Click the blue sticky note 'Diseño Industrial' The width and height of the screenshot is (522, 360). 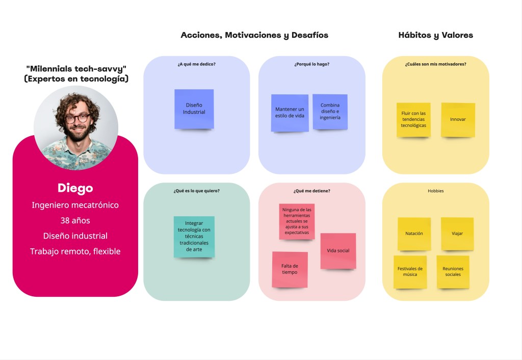click(194, 109)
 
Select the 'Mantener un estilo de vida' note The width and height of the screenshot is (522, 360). click(290, 113)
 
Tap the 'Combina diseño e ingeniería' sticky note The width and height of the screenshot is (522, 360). click(330, 112)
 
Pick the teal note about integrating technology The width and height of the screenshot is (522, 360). click(194, 236)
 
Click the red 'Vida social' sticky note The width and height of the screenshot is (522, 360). click(338, 250)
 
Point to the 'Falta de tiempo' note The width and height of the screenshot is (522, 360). click(290, 269)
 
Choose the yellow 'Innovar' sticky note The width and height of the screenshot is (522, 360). click(458, 120)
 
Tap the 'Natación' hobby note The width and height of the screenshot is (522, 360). click(414, 234)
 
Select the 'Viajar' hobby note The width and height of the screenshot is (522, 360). click(457, 234)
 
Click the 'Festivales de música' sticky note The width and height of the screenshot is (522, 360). click(410, 271)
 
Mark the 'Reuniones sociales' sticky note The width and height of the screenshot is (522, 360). click(453, 271)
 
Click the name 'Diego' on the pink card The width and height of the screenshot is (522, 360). click(75, 188)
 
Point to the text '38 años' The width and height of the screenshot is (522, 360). click(75, 221)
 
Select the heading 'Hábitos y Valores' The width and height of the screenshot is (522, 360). click(435, 35)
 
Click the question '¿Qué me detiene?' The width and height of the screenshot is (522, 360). click(311, 191)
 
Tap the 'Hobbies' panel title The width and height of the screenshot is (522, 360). click(435, 191)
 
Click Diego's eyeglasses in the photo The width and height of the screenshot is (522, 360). click(76, 119)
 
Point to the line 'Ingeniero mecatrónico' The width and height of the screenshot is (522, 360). click(75, 205)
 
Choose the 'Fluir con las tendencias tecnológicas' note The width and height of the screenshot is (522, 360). click(413, 120)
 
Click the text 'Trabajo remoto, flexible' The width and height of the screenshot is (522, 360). click(75, 251)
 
